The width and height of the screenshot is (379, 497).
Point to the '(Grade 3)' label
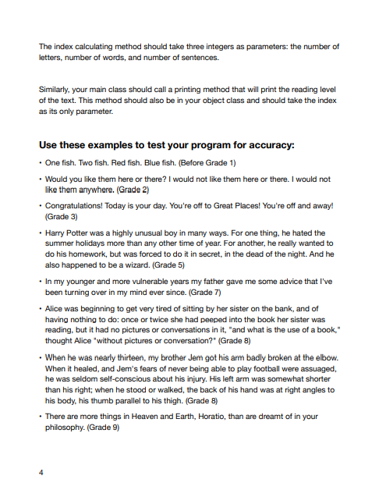(x=58, y=216)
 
